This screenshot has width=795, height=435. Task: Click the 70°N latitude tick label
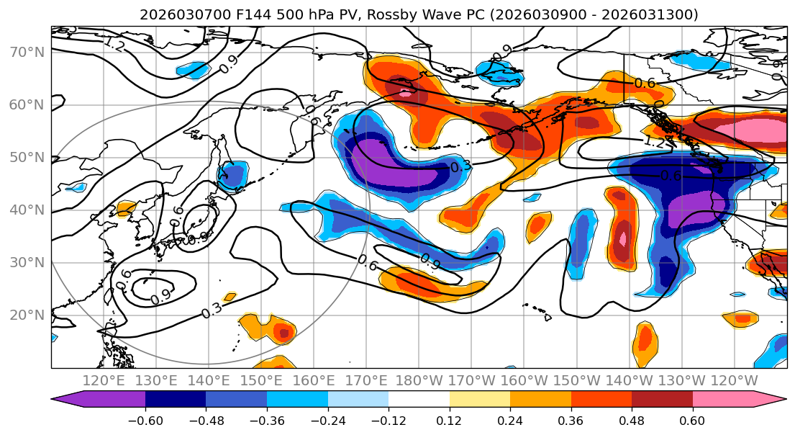click(27, 52)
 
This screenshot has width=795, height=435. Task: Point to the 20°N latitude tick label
click(27, 315)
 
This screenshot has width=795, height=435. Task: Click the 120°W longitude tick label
click(733, 380)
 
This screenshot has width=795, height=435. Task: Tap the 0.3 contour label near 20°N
click(212, 310)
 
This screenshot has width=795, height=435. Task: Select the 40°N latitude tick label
click(27, 210)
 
